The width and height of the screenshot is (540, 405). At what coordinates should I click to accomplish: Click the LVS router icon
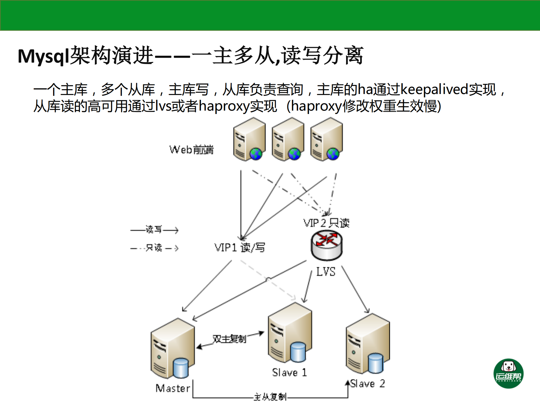click(326, 245)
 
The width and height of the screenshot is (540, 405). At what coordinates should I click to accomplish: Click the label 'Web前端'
click(191, 150)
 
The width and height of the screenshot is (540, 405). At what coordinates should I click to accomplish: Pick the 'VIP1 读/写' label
click(239, 248)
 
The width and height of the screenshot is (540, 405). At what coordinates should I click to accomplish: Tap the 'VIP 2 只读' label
click(326, 223)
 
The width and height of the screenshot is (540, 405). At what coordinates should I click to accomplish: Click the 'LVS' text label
click(326, 272)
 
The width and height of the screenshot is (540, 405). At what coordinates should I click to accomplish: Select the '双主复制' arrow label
click(229, 339)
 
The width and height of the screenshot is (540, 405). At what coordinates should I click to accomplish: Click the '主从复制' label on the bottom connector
click(270, 397)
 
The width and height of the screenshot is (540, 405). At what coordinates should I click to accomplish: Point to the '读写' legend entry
click(154, 230)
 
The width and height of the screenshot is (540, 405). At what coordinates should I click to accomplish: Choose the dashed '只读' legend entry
click(154, 248)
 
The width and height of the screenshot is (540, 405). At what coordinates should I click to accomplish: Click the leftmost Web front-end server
click(249, 140)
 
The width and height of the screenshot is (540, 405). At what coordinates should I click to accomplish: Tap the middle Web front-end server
click(288, 140)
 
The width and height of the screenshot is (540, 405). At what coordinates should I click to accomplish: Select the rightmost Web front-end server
click(326, 140)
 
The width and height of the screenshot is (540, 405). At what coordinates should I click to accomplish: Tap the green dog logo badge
click(508, 373)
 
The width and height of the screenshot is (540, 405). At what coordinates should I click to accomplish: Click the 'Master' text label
click(173, 388)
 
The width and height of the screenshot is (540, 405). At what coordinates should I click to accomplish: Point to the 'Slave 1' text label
click(289, 373)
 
